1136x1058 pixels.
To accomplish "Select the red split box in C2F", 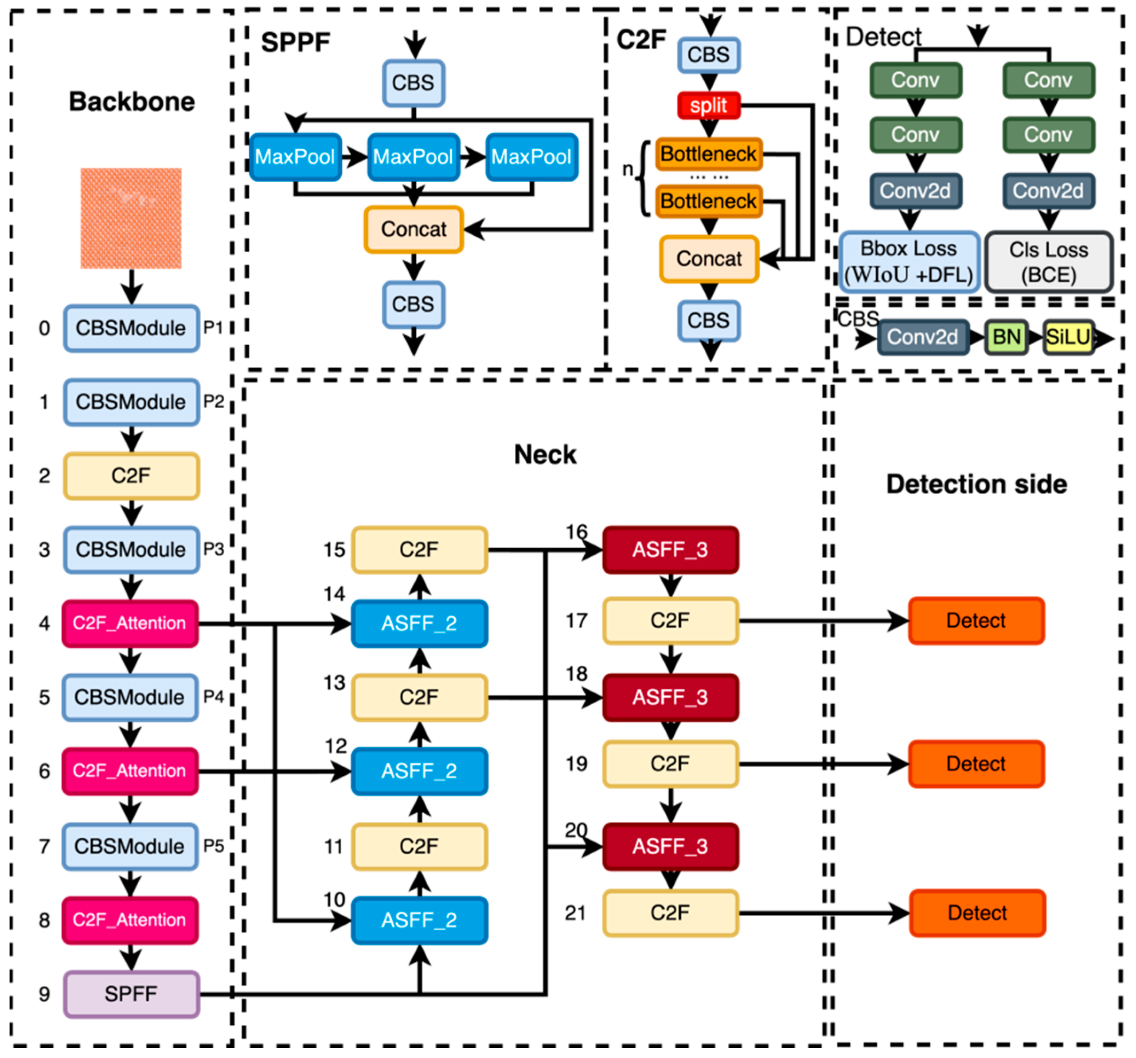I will click(x=709, y=106).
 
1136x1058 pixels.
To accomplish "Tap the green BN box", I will click(x=1006, y=337).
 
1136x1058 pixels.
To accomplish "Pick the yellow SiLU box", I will click(x=1067, y=337).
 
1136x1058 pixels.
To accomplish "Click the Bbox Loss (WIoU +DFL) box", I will click(x=909, y=262).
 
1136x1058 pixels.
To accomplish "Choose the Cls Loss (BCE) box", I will click(x=1049, y=262).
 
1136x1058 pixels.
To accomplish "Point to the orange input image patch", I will click(x=131, y=219).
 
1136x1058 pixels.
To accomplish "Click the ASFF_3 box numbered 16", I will click(x=670, y=550).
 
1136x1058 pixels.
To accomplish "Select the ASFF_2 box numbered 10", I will click(x=419, y=920).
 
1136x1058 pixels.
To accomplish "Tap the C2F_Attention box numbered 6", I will click(x=130, y=771).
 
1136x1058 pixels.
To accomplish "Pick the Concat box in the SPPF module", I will click(x=414, y=229).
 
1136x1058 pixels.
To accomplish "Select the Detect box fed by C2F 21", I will click(x=977, y=913).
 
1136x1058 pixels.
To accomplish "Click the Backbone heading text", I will click(x=132, y=102).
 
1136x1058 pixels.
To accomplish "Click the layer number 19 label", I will click(x=576, y=764).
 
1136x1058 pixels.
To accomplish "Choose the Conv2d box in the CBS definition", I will click(x=922, y=337).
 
